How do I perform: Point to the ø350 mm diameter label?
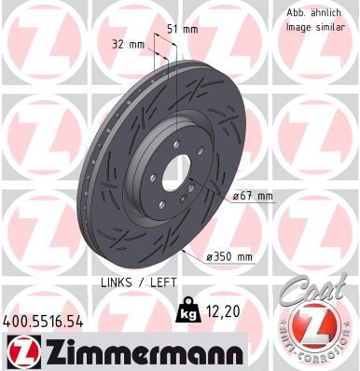[x=230, y=257]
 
